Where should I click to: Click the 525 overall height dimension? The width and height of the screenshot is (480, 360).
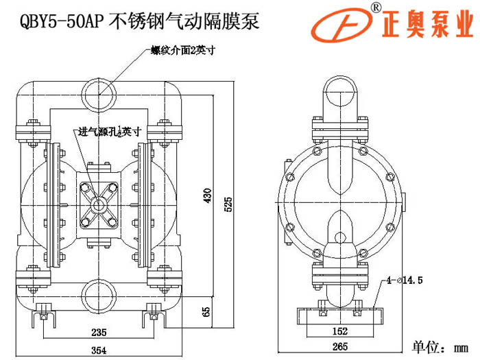coord(229,204)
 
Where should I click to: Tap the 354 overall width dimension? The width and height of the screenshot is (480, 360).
coord(99,350)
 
